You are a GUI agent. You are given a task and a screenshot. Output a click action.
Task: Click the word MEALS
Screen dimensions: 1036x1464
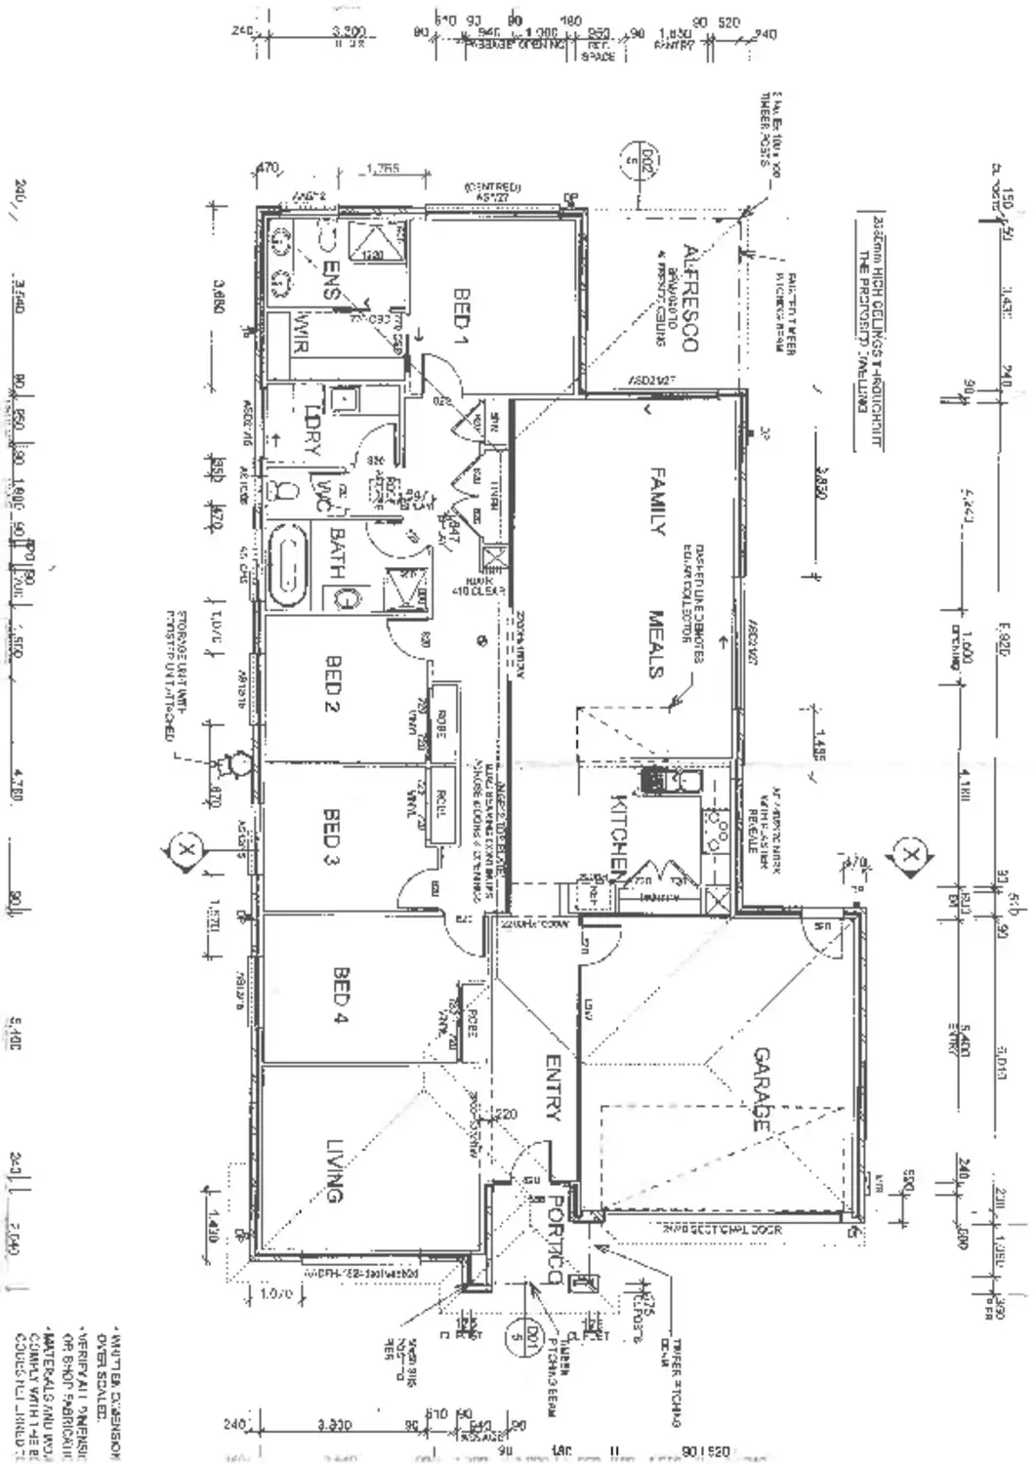click(x=655, y=644)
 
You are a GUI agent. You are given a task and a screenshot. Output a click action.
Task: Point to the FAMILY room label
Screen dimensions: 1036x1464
click(x=656, y=502)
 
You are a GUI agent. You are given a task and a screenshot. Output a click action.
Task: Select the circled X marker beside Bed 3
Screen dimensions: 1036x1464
click(x=186, y=850)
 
